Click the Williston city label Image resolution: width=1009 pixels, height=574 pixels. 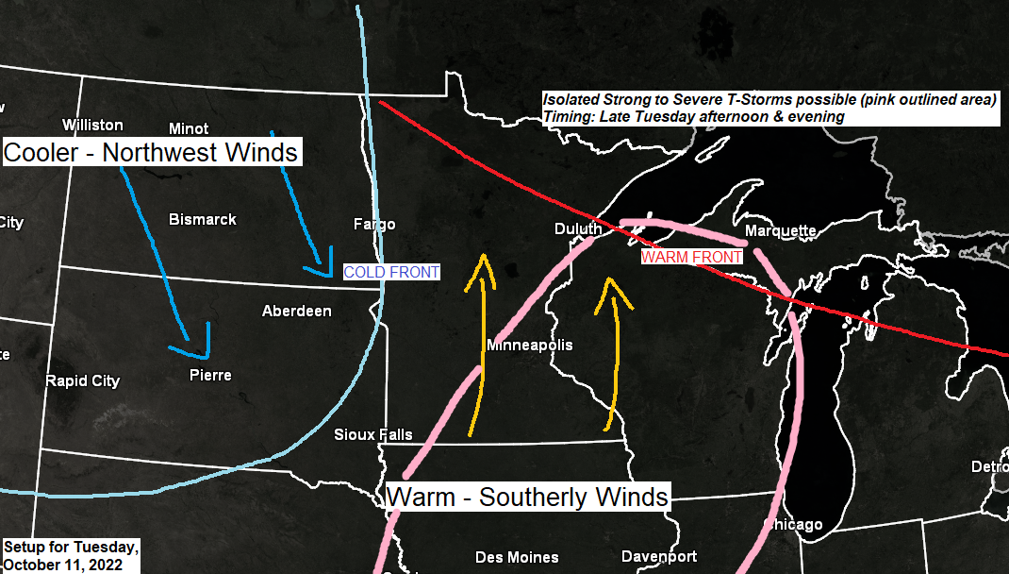pyautogui.click(x=92, y=125)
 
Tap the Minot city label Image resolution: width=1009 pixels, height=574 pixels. pyautogui.click(x=189, y=128)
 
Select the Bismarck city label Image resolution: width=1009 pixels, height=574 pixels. pyautogui.click(x=203, y=219)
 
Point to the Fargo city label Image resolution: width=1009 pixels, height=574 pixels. pyautogui.click(x=374, y=224)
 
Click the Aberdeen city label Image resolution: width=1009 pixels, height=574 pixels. pyautogui.click(x=297, y=311)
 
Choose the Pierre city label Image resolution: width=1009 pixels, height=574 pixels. pyautogui.click(x=210, y=375)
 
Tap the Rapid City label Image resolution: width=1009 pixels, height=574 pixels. pyautogui.click(x=83, y=380)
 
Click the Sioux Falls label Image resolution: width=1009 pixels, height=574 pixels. pyautogui.click(x=373, y=434)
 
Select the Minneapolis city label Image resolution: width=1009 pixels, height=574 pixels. pyautogui.click(x=530, y=345)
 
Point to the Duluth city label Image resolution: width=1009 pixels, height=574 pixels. pyautogui.click(x=578, y=228)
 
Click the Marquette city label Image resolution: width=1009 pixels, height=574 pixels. pyautogui.click(x=780, y=230)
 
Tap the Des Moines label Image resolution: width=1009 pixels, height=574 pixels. pyautogui.click(x=517, y=557)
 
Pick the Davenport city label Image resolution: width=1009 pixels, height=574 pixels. pyautogui.click(x=659, y=556)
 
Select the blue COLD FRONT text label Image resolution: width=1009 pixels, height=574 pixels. pyautogui.click(x=391, y=272)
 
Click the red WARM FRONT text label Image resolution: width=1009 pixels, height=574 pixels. pyautogui.click(x=691, y=256)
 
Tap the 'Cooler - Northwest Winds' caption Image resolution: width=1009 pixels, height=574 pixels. pyautogui.click(x=152, y=152)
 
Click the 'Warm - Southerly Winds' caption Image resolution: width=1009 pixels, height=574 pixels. pyautogui.click(x=528, y=497)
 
